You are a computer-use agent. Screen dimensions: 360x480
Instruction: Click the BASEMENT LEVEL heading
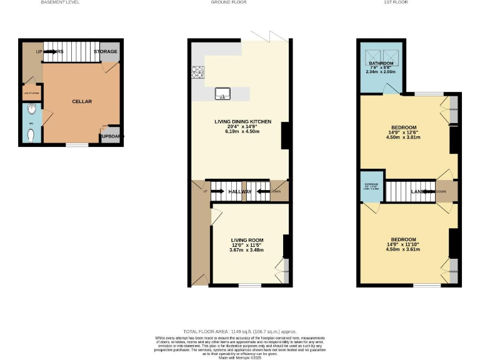(60, 2)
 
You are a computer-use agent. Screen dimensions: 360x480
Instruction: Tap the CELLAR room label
(82, 101)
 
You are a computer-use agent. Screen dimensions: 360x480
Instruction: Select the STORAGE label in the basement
(106, 51)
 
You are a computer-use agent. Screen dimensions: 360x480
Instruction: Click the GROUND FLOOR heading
(229, 2)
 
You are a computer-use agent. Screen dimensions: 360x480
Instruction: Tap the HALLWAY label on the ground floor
(240, 192)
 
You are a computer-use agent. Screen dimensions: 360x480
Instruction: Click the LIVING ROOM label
(247, 240)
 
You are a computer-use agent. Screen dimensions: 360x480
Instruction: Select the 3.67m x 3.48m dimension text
(247, 250)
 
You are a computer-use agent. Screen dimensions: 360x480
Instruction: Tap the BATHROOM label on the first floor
(381, 64)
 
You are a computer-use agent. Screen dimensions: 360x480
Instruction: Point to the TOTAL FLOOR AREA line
(240, 331)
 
